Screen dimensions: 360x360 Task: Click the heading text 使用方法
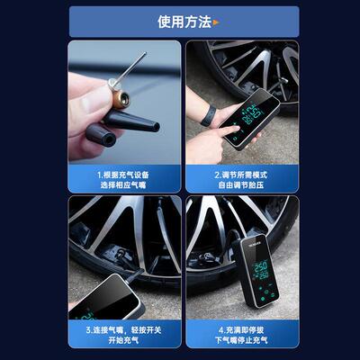point(183,22)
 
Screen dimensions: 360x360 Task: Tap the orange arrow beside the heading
point(217,22)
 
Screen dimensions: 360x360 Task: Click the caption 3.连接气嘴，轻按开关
point(124,328)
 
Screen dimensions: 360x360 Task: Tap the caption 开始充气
point(124,342)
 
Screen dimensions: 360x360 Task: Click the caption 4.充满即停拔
point(242,328)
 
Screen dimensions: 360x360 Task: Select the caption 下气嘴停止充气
point(242,342)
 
